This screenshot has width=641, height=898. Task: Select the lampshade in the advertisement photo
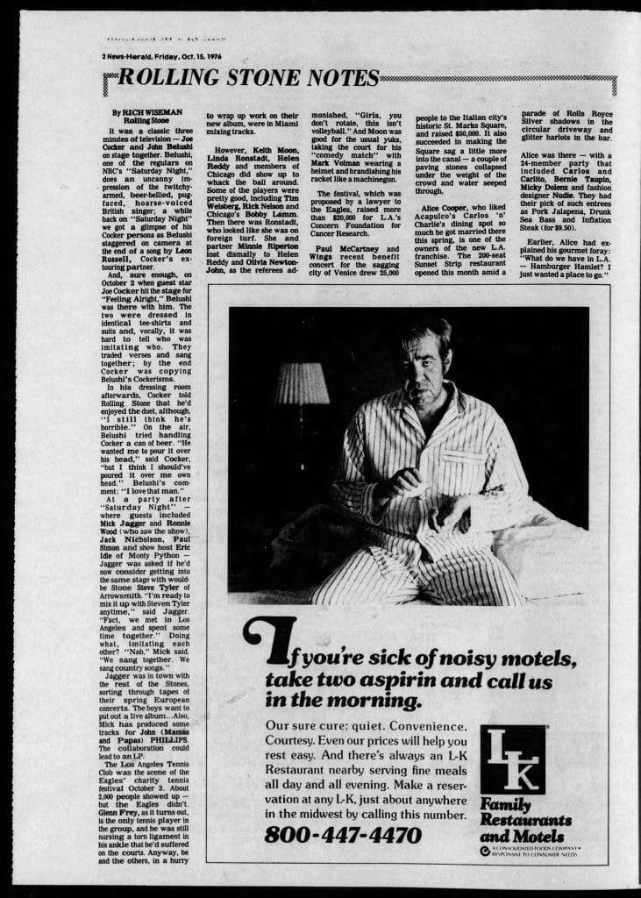[302, 384]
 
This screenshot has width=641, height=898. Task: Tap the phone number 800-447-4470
[343, 834]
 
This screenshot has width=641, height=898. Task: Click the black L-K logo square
[512, 759]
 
